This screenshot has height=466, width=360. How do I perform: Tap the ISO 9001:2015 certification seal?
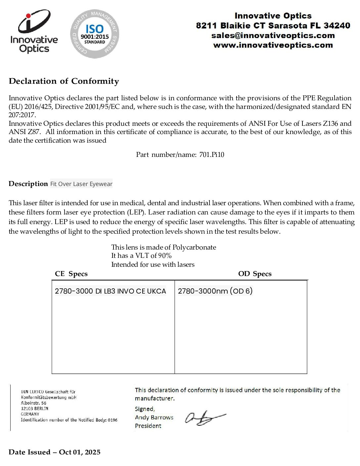click(95, 34)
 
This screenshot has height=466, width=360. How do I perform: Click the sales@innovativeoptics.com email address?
click(273, 35)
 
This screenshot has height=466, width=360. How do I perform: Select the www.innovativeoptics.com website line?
click(273, 45)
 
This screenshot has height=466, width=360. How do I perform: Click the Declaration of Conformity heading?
click(64, 81)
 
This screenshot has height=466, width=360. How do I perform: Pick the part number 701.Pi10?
click(212, 155)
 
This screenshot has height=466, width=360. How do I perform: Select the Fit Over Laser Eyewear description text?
click(81, 184)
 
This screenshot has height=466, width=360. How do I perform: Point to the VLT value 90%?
click(165, 256)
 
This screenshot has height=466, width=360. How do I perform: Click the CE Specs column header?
click(71, 274)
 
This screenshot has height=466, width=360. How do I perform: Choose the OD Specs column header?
click(255, 274)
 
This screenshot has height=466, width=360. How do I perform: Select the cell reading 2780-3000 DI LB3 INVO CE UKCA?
click(111, 291)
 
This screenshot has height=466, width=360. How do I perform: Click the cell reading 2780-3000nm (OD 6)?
click(215, 291)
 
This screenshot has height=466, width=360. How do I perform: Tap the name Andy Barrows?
click(154, 417)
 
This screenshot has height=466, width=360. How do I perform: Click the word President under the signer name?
click(148, 426)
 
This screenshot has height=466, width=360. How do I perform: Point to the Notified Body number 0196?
click(112, 420)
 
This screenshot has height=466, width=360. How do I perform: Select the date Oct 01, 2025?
click(80, 452)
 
